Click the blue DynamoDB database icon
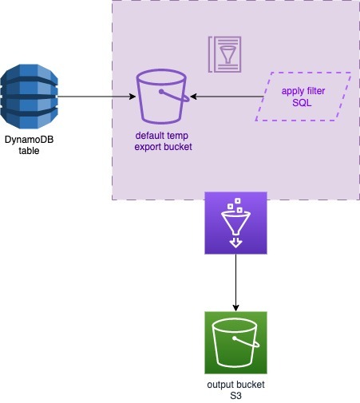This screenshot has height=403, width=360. [x=29, y=97]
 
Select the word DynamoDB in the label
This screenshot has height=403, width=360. [x=29, y=140]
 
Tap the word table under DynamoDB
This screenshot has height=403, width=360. [x=29, y=151]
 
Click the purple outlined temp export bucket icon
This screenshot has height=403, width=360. [x=163, y=97]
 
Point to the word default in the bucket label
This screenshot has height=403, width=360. [x=148, y=136]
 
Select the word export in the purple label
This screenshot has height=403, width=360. [x=148, y=147]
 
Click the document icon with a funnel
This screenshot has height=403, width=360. [x=225, y=54]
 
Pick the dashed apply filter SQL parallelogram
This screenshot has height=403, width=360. [x=303, y=97]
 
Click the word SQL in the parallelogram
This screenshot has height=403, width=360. [x=302, y=103]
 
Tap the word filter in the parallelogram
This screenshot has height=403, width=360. [x=315, y=91]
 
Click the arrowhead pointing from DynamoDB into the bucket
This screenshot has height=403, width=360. [x=133, y=97]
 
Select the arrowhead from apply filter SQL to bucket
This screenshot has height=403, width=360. [x=193, y=97]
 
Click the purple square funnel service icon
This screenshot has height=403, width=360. [x=235, y=223]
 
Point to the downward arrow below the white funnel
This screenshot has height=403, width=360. [x=235, y=243]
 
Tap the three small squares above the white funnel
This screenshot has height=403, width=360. [x=235, y=205]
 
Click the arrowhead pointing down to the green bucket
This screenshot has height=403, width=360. [x=235, y=308]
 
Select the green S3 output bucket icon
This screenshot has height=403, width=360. [x=235, y=342]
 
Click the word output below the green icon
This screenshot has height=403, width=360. [x=220, y=385]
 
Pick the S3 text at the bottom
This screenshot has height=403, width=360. [x=235, y=396]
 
